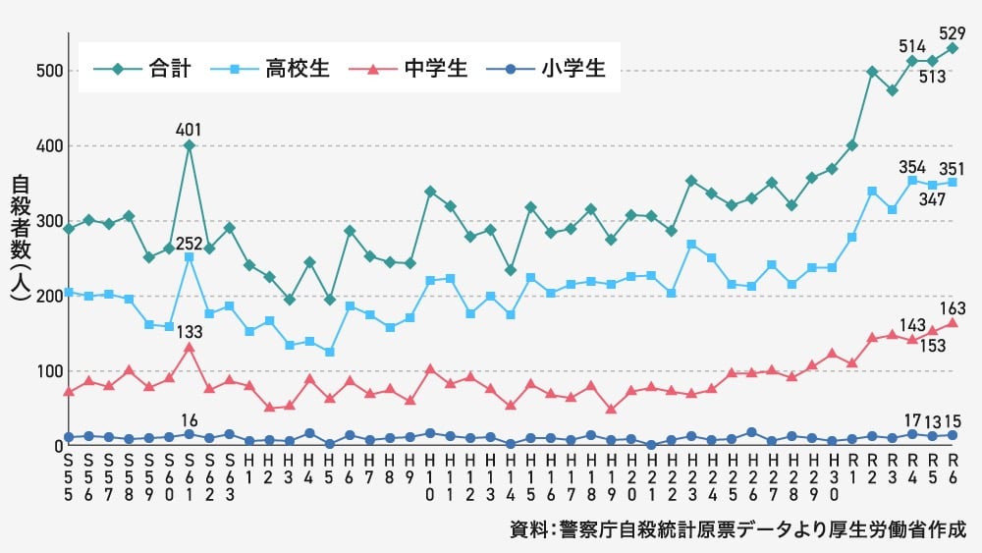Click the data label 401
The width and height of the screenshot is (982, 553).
[189, 128]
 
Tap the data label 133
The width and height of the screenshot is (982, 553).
[189, 330]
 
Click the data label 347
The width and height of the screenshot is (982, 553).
[932, 199]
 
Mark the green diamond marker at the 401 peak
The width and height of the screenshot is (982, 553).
[189, 145]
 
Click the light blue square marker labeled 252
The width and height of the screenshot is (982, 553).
[189, 257]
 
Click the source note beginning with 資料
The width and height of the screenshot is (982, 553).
[737, 529]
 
